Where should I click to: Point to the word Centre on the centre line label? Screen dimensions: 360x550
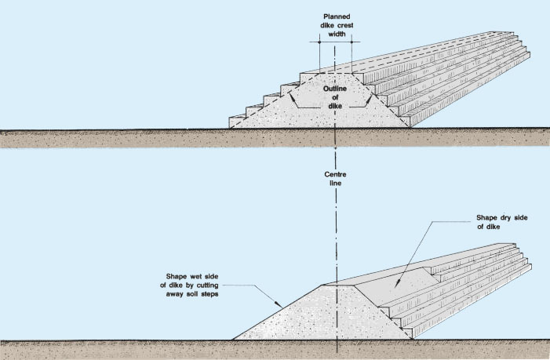click(x=335, y=173)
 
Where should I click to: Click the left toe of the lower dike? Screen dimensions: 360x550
click(x=233, y=339)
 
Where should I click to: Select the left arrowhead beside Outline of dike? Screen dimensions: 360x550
click(x=294, y=102)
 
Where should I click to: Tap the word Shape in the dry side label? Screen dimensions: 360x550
click(x=487, y=218)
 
